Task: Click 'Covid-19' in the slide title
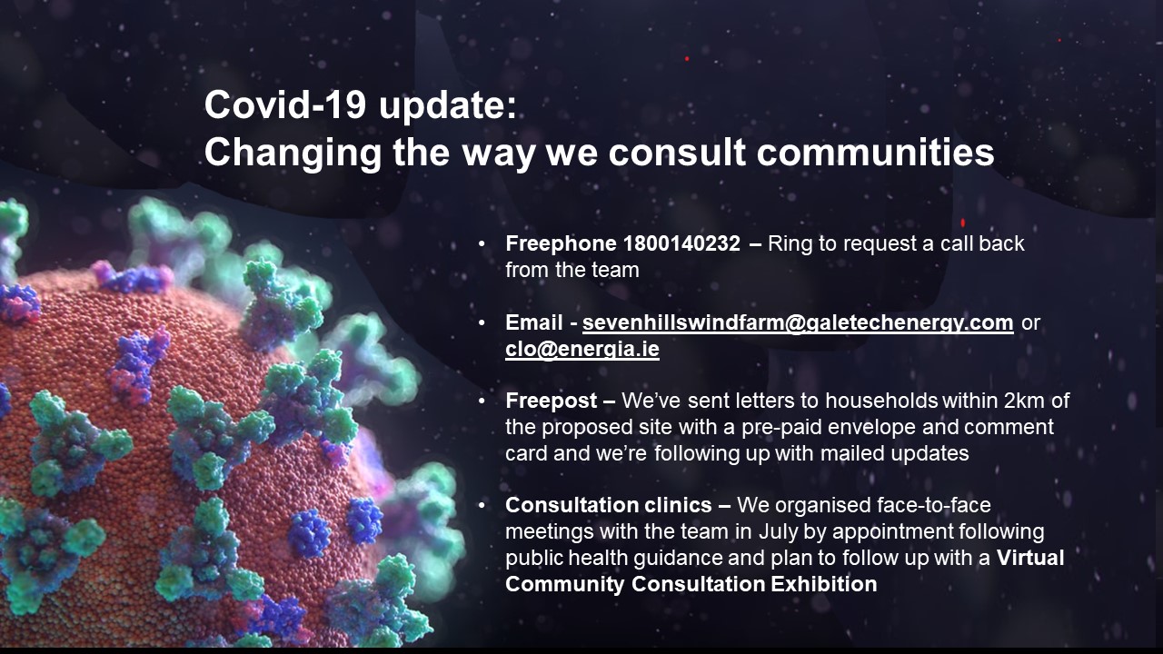point(285,104)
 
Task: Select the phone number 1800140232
point(681,243)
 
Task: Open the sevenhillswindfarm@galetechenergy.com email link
point(798,322)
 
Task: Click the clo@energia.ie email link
point(582,349)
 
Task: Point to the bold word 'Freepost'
point(551,401)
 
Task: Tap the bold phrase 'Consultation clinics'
point(609,505)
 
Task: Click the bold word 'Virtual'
point(1030,558)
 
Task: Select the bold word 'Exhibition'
point(824,584)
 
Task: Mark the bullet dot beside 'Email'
point(482,322)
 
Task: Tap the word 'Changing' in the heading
point(293,154)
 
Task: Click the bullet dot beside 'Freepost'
point(482,401)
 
